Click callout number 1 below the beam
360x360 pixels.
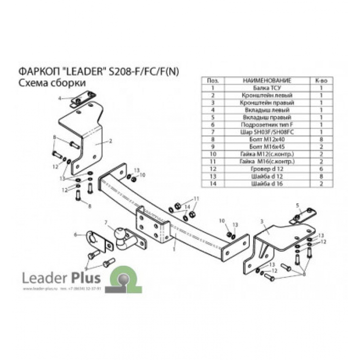tap(174, 249)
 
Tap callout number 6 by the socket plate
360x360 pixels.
tap(75, 234)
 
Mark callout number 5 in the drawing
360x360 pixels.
tap(298, 205)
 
